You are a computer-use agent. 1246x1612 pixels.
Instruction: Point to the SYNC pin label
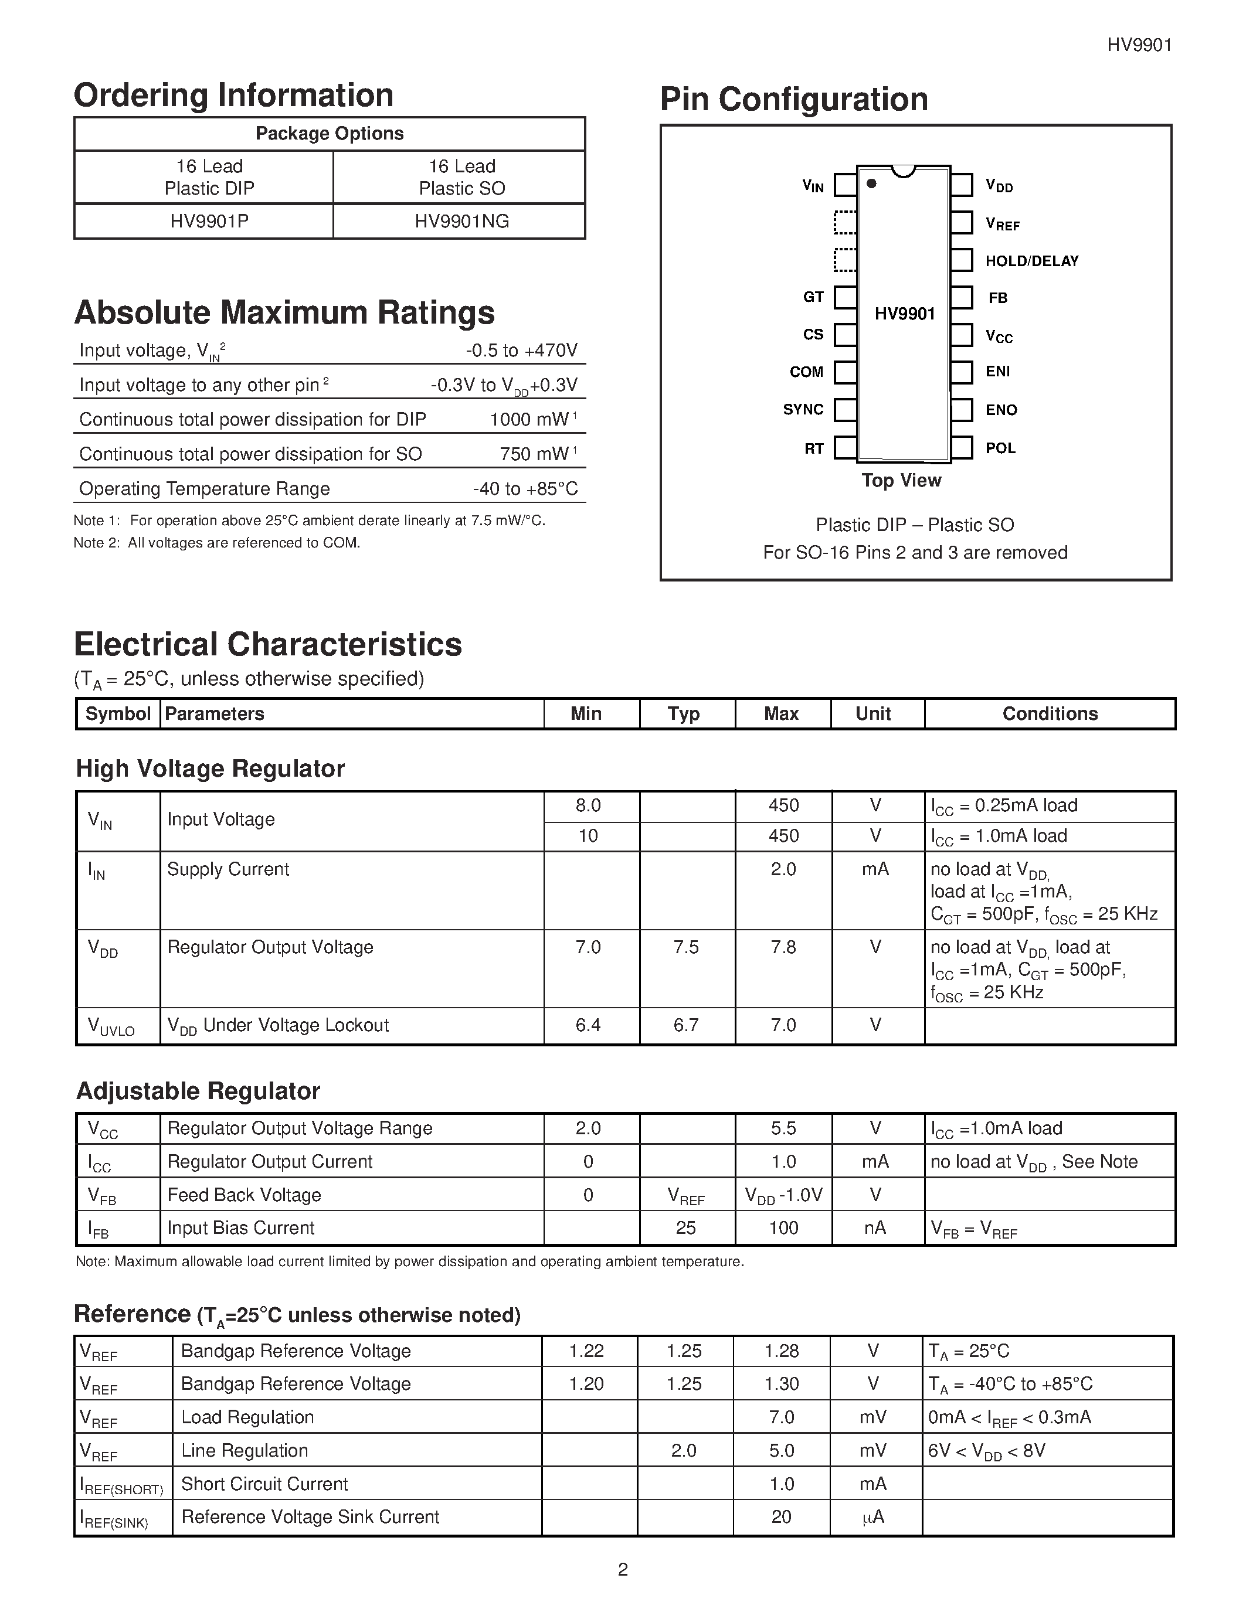[803, 410]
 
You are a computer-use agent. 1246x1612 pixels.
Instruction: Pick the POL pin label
[1000, 448]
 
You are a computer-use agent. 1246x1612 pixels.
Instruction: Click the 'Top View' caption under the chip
[901, 481]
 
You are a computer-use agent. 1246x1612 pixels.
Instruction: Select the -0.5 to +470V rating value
[521, 351]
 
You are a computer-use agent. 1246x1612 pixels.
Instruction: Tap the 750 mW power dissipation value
[534, 454]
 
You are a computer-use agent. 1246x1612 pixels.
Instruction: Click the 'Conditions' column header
[1050, 714]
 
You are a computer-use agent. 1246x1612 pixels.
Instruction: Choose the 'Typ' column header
[684, 714]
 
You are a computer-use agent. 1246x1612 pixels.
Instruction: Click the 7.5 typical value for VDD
[686, 947]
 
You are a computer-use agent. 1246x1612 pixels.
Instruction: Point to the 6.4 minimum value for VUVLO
[588, 1025]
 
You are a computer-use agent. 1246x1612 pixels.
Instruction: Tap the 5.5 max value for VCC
[783, 1128]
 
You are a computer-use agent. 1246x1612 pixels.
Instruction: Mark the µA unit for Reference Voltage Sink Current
[872, 1517]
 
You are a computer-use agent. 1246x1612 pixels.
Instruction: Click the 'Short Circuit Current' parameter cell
[264, 1484]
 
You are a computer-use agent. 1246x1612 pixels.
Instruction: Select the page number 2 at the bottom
[622, 1570]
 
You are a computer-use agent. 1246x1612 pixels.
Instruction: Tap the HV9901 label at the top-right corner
[1139, 45]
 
